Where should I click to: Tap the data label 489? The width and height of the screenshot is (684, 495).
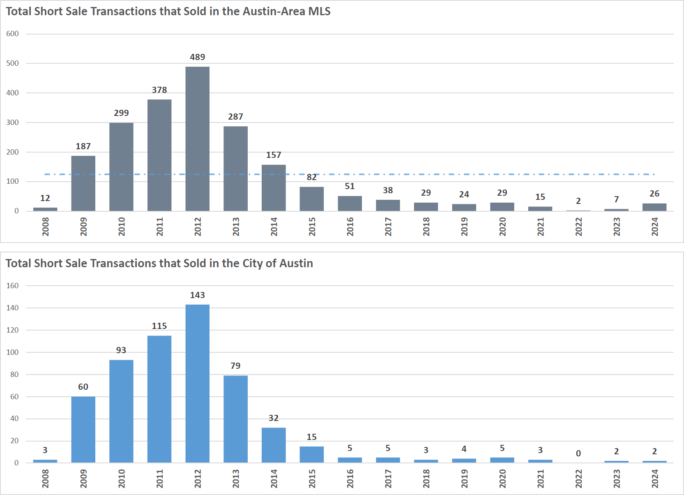(197, 57)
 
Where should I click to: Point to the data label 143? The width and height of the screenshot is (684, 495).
(197, 295)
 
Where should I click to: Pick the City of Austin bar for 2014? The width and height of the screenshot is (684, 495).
(274, 445)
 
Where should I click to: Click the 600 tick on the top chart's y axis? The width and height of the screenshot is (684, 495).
(12, 34)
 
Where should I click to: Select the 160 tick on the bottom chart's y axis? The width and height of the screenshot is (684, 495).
(12, 286)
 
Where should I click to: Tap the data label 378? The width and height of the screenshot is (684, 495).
(159, 90)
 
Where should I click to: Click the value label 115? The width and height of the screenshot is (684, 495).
(159, 326)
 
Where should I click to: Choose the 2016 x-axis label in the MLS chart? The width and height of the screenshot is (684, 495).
(350, 227)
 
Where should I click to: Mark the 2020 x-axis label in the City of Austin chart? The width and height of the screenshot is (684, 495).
(502, 479)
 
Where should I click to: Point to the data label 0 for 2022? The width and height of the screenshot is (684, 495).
(578, 453)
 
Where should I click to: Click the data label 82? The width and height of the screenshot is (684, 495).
(311, 177)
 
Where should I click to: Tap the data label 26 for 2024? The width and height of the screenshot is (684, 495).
(654, 194)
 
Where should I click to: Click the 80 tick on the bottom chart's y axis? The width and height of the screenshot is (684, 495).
(14, 375)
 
